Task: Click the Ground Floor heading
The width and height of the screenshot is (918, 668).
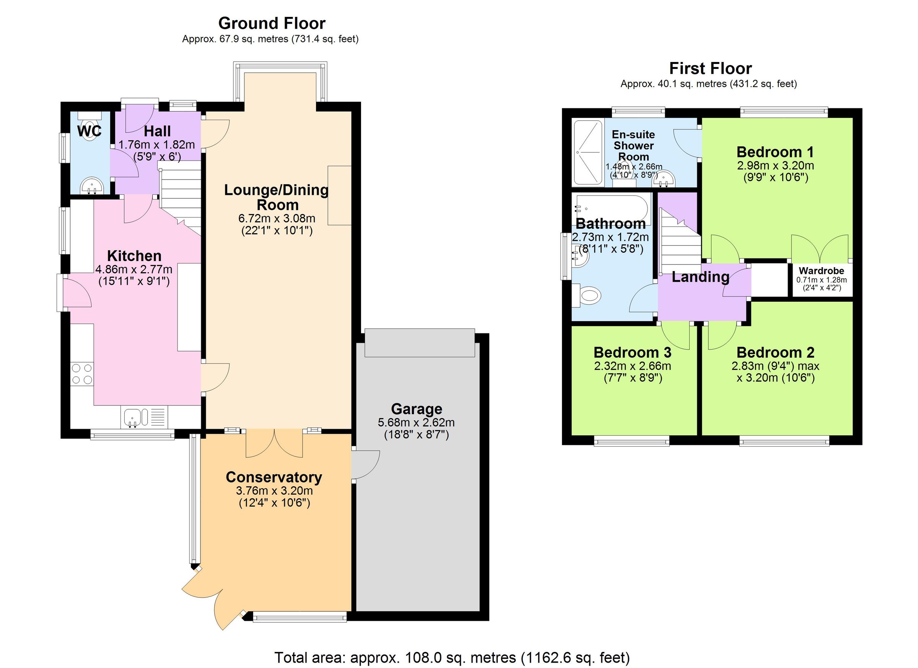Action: coord(272,23)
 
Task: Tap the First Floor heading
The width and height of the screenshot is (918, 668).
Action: coord(710,69)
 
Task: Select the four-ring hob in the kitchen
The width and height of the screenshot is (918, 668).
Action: coord(82,374)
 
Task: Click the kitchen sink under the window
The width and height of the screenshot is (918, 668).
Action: coord(132,418)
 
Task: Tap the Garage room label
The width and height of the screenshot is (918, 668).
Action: coord(416,409)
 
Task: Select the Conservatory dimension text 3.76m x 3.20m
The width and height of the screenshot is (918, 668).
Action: coord(274,491)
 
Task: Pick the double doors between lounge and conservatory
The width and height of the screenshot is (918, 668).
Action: coord(274,443)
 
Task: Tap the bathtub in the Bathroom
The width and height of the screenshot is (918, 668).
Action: coord(611,209)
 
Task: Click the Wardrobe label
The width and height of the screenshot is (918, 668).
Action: coord(821,271)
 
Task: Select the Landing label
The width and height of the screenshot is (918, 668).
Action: coord(700,277)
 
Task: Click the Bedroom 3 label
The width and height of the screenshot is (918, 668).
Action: coord(632,353)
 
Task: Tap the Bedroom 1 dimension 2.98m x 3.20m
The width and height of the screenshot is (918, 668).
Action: coord(775,165)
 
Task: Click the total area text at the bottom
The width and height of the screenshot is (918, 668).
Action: coord(452,657)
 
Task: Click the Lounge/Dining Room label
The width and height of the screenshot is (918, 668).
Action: coord(277,197)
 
